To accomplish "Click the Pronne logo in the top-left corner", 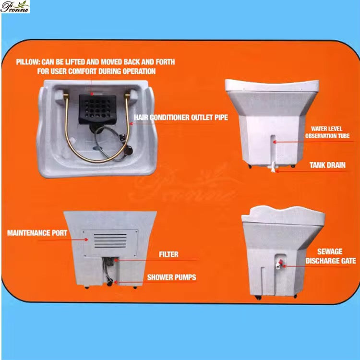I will coord(15,7).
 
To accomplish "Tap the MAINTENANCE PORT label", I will coord(37,233).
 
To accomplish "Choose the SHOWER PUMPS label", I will coord(171,277).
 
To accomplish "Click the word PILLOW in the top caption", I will coord(28,62).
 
